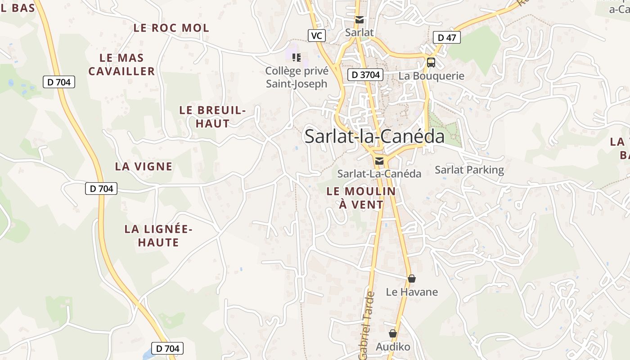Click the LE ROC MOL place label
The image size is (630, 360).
pyautogui.click(x=171, y=28)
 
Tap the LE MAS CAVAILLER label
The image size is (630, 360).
pyautogui.click(x=121, y=64)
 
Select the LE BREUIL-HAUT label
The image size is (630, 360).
pyautogui.click(x=212, y=117)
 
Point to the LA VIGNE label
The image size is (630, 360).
pyautogui.click(x=144, y=166)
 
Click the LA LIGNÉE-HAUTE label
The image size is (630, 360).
pyautogui.click(x=158, y=236)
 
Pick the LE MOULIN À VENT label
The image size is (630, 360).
pyautogui.click(x=361, y=198)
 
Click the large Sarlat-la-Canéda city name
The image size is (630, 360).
pyautogui.click(x=374, y=136)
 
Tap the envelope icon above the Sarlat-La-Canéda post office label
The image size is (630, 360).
pyautogui.click(x=379, y=161)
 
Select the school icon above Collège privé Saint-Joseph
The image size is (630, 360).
pyautogui.click(x=296, y=57)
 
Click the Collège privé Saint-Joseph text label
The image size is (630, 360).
pyautogui.click(x=297, y=77)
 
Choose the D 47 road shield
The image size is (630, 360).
pyautogui.click(x=446, y=38)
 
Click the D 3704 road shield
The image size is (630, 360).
pyautogui.click(x=365, y=75)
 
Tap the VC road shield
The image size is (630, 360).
pyautogui.click(x=317, y=36)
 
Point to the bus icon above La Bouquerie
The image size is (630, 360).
pyautogui.click(x=431, y=63)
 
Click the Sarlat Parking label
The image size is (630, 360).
pyautogui.click(x=469, y=170)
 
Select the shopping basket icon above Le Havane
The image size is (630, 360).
pyautogui.click(x=411, y=279)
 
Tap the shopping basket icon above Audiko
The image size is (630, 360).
pyautogui.click(x=393, y=333)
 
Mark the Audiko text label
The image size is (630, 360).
pyautogui.click(x=393, y=347)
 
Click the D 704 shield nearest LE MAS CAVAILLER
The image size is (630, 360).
pyautogui.click(x=58, y=82)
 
